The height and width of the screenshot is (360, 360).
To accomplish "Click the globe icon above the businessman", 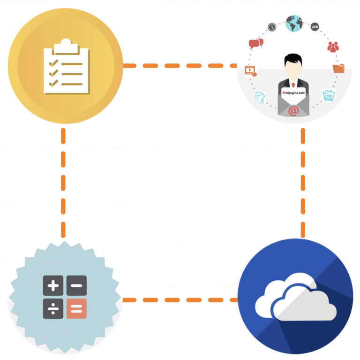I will click(294, 23).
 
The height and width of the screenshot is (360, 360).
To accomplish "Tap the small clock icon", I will click(272, 27).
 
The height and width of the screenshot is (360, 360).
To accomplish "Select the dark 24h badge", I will click(315, 27).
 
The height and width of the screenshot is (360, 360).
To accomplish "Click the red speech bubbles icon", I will click(255, 44).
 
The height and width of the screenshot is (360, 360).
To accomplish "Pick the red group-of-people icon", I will click(333, 46).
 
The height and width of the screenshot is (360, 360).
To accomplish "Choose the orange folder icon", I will click(338, 69).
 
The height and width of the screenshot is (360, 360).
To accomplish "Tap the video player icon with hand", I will click(251, 71).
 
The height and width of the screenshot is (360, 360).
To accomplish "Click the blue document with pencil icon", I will click(260, 97).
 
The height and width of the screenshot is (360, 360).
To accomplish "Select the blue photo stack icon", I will click(329, 95).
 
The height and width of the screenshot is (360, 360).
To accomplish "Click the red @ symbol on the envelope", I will click(293, 111).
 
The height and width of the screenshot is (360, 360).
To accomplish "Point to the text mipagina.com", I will click(294, 92).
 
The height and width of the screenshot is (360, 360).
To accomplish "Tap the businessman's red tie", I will click(293, 84).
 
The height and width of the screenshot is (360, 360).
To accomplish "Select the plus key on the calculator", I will click(53, 285).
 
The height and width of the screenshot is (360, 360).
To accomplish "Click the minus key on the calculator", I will click(76, 285).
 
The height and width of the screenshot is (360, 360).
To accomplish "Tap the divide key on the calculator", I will click(53, 308).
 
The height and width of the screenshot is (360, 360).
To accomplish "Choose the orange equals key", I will click(76, 308).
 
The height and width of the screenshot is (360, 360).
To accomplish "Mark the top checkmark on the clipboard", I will click(53, 63).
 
